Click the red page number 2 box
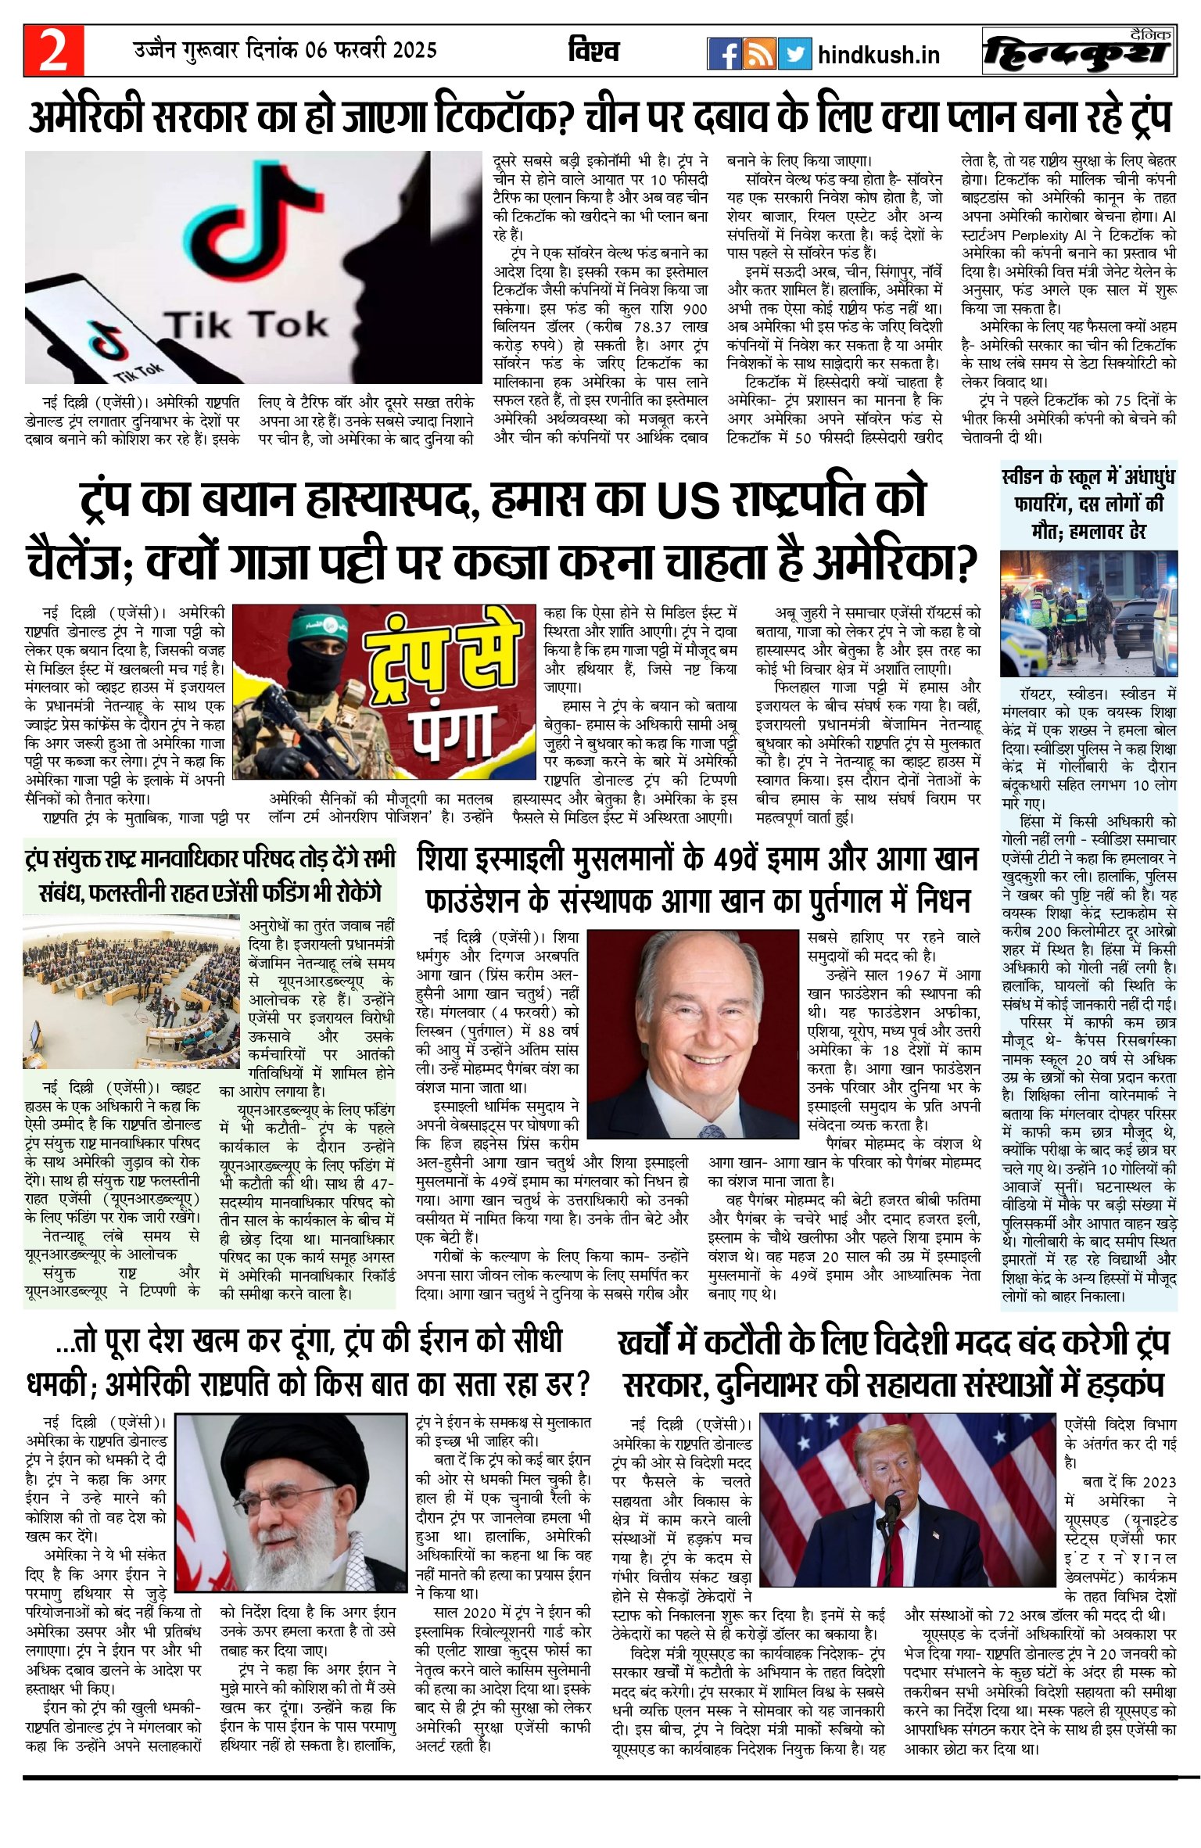point(53,52)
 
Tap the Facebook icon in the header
point(724,54)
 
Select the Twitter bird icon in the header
point(794,54)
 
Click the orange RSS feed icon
point(759,54)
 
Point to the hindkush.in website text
point(878,56)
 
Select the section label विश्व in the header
point(593,52)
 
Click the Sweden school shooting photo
point(1088,613)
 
